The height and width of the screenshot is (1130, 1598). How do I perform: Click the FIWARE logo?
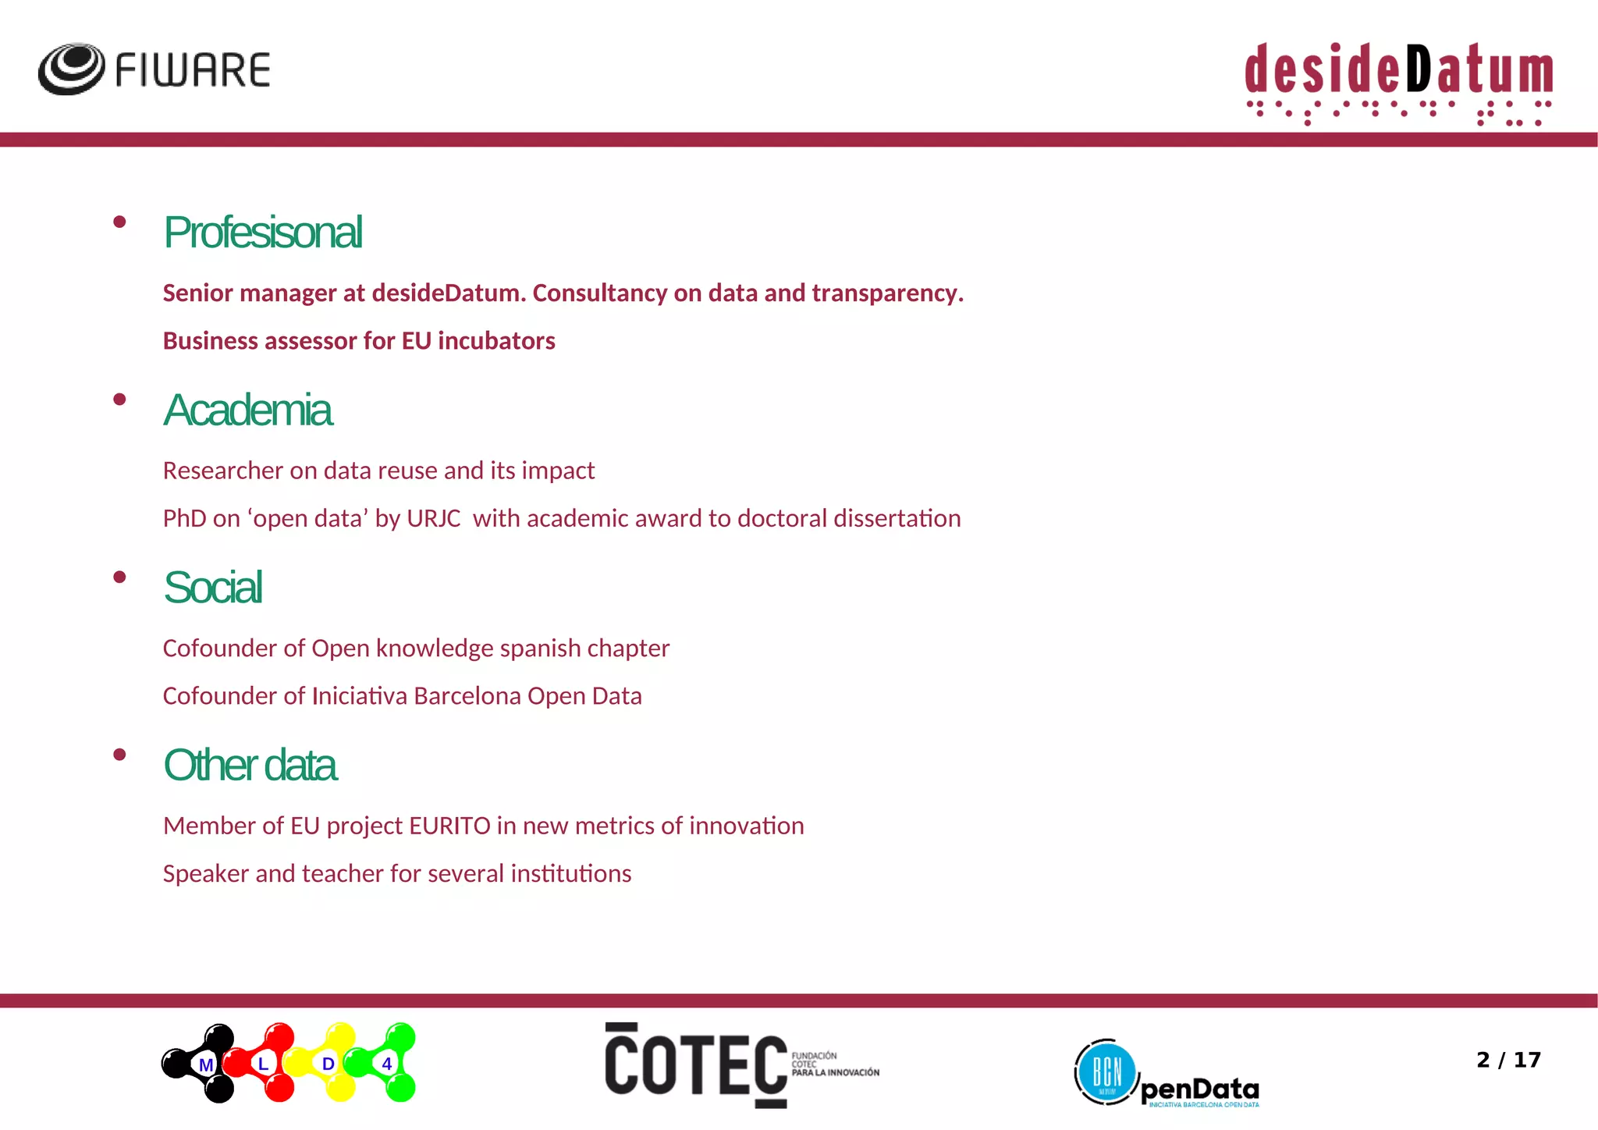pos(154,69)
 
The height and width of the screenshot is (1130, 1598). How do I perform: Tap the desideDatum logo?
pos(1398,82)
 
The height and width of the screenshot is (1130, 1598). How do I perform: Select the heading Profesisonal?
pos(263,233)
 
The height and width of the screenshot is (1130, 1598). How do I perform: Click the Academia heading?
pos(248,410)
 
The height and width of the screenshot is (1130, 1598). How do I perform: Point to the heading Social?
pos(213,588)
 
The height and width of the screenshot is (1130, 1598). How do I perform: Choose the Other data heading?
pos(250,766)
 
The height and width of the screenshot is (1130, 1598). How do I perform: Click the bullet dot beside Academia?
pos(119,400)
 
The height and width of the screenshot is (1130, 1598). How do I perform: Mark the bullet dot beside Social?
pos(119,577)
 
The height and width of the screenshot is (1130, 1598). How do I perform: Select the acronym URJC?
pos(434,519)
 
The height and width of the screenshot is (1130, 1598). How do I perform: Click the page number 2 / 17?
pos(1508,1060)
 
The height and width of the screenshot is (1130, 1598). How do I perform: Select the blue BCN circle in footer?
pos(1106,1072)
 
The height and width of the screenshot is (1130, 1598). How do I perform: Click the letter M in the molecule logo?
pos(206,1064)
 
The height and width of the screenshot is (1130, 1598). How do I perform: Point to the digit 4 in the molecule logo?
pos(387,1064)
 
